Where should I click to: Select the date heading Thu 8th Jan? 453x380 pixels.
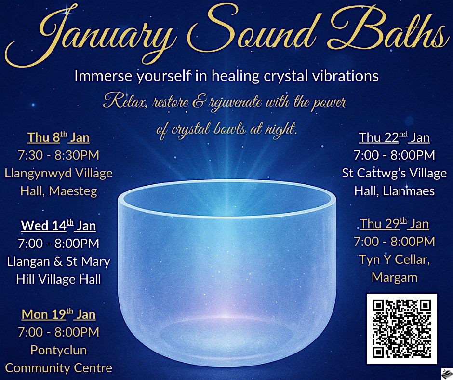pos(58,137)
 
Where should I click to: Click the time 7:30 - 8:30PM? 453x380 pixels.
pos(58,155)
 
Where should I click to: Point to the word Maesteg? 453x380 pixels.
pos(73,191)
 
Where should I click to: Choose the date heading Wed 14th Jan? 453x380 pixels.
pos(58,225)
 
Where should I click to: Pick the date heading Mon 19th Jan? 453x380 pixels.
pos(58,314)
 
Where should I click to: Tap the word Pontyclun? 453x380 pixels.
pos(58,350)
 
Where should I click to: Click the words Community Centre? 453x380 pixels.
pos(58,368)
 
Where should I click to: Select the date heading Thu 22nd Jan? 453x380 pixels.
pos(394,137)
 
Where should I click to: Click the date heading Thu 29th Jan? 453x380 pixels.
pos(394,224)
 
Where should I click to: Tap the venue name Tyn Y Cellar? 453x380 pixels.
pos(394,259)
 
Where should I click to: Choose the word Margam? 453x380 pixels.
pos(394,278)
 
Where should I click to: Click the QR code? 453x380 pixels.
pos(401,328)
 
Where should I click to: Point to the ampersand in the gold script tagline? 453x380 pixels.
pos(198,103)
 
